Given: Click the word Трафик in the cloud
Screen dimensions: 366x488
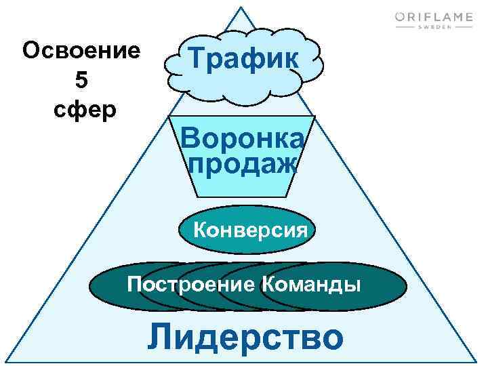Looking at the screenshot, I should coord(243,59).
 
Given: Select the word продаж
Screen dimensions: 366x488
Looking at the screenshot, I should coord(243,163).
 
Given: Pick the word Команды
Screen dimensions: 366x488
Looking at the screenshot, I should coord(310,284).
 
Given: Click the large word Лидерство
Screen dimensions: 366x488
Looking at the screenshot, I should coord(245,337).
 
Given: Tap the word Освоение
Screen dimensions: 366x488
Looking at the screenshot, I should coord(81,51).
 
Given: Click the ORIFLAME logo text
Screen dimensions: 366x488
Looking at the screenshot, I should coord(434,17).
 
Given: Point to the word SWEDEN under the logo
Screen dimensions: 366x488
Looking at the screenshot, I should coord(434,29).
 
